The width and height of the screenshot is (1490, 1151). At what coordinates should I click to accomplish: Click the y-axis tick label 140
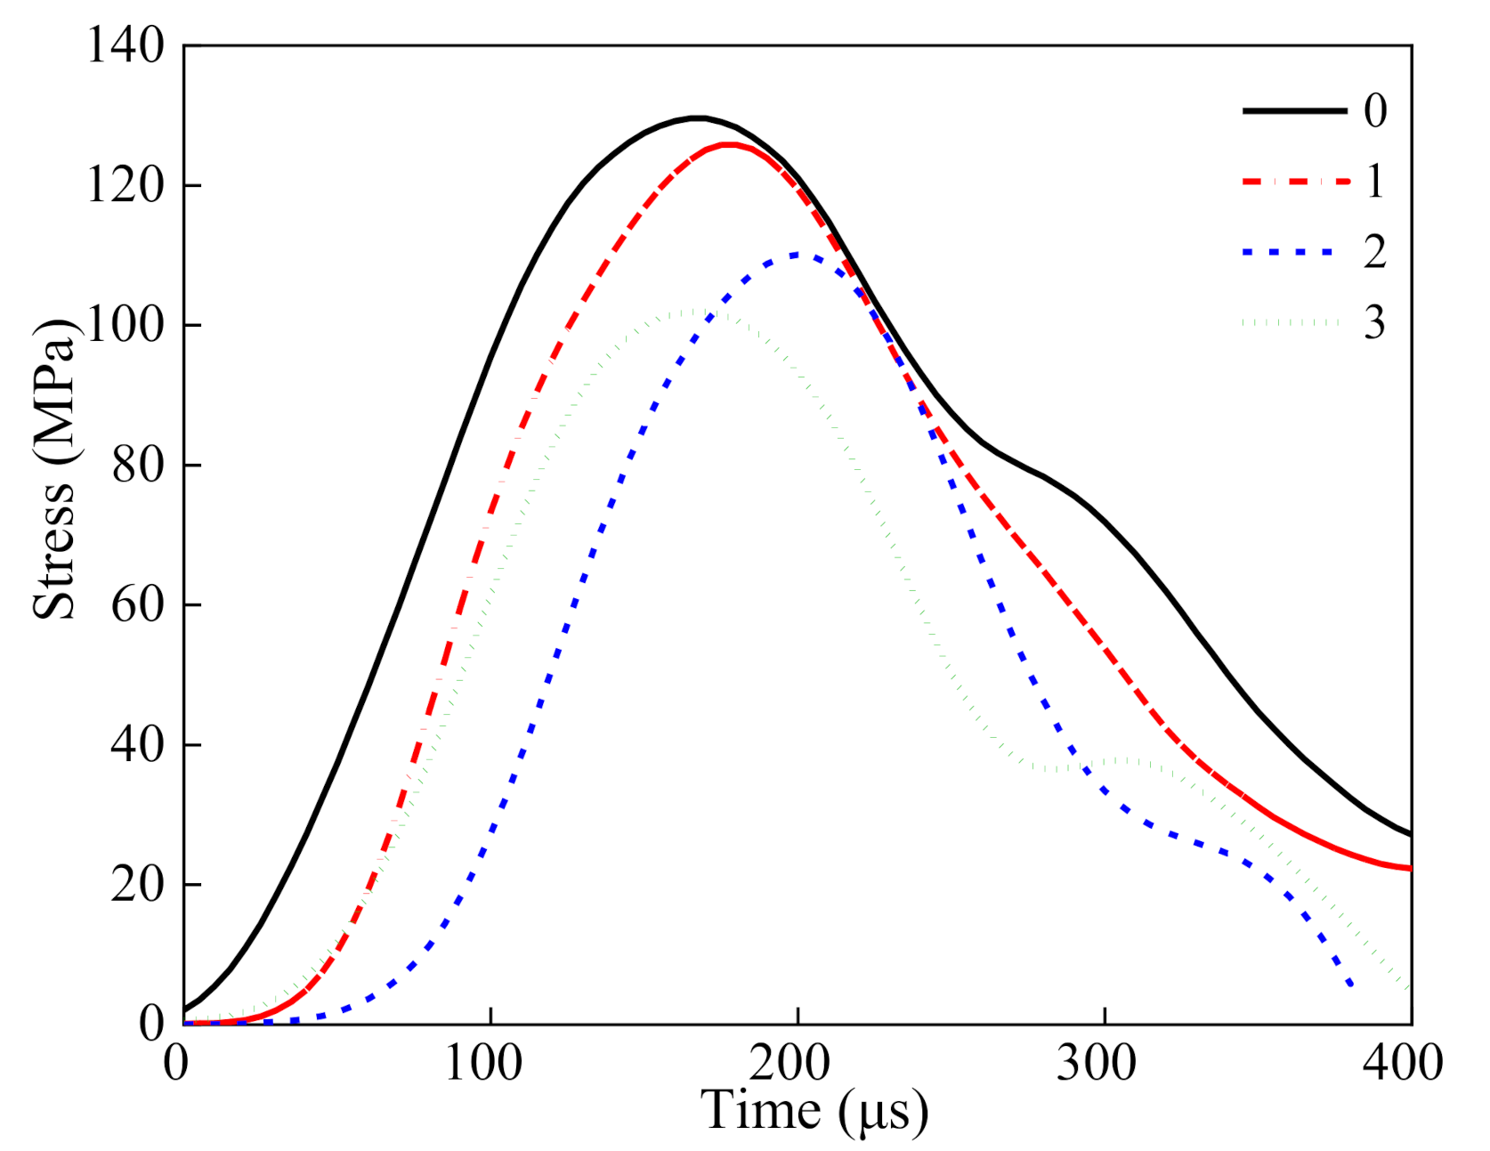(126, 45)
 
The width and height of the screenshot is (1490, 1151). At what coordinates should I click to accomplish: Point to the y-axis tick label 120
(126, 185)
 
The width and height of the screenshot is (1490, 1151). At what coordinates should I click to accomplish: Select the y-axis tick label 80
(138, 465)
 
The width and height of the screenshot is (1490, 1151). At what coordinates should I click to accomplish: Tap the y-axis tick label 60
(138, 604)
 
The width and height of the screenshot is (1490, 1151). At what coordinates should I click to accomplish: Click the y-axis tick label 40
(138, 744)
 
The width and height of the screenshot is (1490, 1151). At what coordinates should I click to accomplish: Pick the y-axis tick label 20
(138, 884)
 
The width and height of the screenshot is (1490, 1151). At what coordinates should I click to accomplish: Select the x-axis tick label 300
(1097, 1063)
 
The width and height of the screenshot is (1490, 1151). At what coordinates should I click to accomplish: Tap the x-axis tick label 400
(1403, 1063)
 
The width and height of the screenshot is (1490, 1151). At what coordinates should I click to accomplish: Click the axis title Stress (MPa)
(55, 470)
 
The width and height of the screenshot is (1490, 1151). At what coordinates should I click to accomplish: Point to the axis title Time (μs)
(814, 1111)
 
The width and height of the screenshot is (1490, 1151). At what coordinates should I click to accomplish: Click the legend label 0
(1375, 111)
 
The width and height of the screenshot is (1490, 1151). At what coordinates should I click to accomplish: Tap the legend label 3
(1375, 323)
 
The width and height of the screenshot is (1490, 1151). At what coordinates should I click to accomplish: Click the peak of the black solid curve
(699, 118)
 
